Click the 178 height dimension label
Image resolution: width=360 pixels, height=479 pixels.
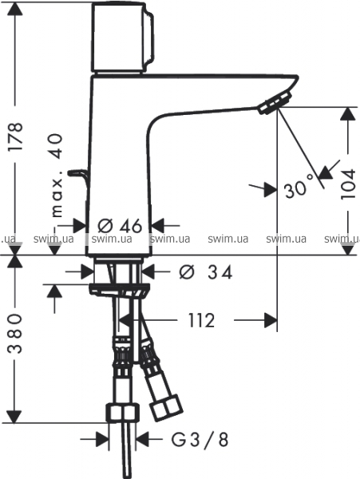[15, 137]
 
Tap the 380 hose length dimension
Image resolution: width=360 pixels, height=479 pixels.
[15, 333]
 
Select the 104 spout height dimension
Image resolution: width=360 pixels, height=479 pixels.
[348, 184]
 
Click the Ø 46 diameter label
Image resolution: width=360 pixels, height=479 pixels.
[120, 226]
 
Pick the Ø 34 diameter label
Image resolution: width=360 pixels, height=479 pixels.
[205, 272]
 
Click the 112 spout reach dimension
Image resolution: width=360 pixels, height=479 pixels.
[201, 320]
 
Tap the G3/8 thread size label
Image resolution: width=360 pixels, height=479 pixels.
[200, 440]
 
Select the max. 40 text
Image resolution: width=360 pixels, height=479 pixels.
[57, 176]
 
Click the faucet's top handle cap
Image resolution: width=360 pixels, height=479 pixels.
[122, 38]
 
